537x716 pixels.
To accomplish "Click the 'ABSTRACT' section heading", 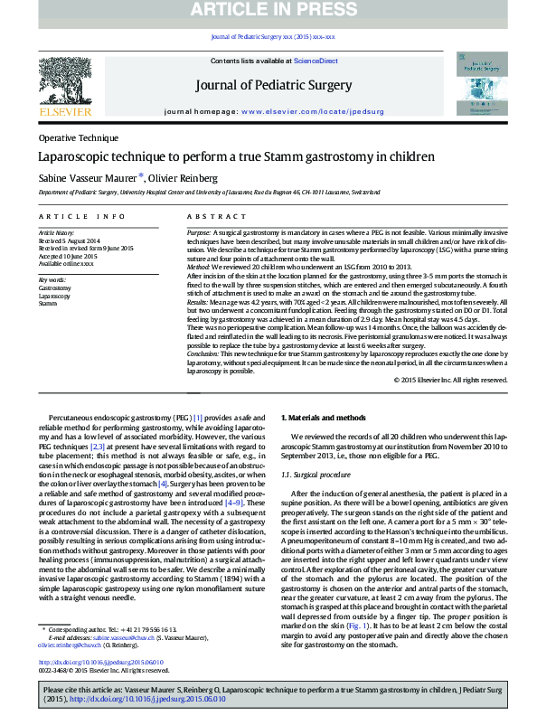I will click(211, 217).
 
